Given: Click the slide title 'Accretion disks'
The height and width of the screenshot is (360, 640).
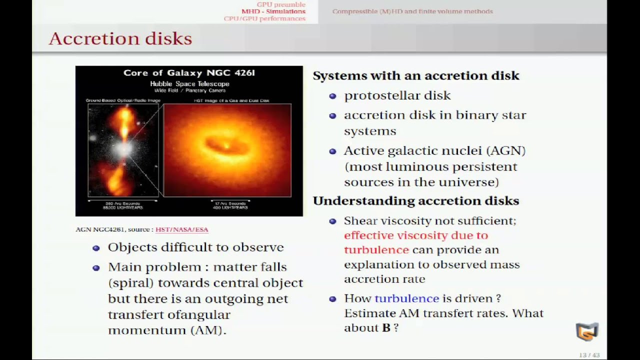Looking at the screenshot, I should [x=120, y=38].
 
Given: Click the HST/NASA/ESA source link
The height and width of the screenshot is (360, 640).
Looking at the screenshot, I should [x=181, y=229].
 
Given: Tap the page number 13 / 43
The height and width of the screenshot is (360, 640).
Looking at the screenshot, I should [x=589, y=355].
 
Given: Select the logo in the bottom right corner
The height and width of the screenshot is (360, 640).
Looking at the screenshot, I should [x=586, y=331].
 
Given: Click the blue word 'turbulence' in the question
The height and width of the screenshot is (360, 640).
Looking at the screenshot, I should [x=406, y=298].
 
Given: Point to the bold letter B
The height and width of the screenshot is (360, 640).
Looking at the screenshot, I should [x=386, y=328].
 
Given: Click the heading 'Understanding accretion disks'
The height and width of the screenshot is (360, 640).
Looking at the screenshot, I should [x=415, y=200].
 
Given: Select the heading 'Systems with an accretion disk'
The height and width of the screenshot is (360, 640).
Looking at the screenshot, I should [x=415, y=75].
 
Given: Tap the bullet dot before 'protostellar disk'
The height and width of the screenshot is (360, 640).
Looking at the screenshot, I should [x=332, y=96].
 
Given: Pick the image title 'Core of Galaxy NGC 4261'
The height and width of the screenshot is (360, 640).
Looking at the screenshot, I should [x=189, y=73].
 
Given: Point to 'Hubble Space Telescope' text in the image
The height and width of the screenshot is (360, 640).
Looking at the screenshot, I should [x=189, y=84].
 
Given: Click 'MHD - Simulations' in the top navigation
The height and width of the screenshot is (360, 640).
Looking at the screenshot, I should [x=273, y=11].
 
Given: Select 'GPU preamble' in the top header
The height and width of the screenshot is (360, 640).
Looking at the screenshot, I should [x=280, y=4].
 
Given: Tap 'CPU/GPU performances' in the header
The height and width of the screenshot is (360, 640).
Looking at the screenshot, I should [x=264, y=18].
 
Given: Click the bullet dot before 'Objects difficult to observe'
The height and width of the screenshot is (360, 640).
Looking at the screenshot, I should [x=96, y=248].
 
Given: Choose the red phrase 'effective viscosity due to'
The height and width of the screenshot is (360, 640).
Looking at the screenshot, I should [x=415, y=235].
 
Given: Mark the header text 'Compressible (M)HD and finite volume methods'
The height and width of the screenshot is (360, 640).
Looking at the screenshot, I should [x=412, y=11].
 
